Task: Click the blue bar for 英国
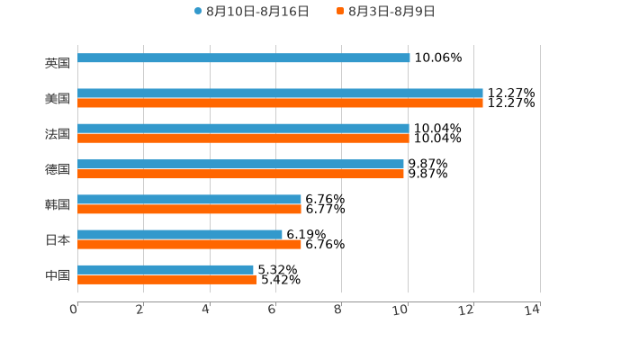(243, 58)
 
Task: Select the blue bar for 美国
(280, 94)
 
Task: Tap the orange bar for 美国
(280, 103)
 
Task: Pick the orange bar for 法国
(243, 139)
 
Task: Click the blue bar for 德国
(240, 165)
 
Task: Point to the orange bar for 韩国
(189, 209)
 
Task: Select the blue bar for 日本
(180, 235)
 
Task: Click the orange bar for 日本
(189, 244)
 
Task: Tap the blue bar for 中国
(166, 270)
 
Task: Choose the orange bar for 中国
(166, 279)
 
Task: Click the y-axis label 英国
(58, 64)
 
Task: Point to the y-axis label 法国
(58, 134)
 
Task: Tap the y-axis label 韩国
(58, 204)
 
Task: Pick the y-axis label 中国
(58, 274)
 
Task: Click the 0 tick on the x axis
(74, 310)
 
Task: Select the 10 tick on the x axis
(401, 310)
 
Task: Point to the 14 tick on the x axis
(533, 310)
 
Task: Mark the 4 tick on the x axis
(205, 310)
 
